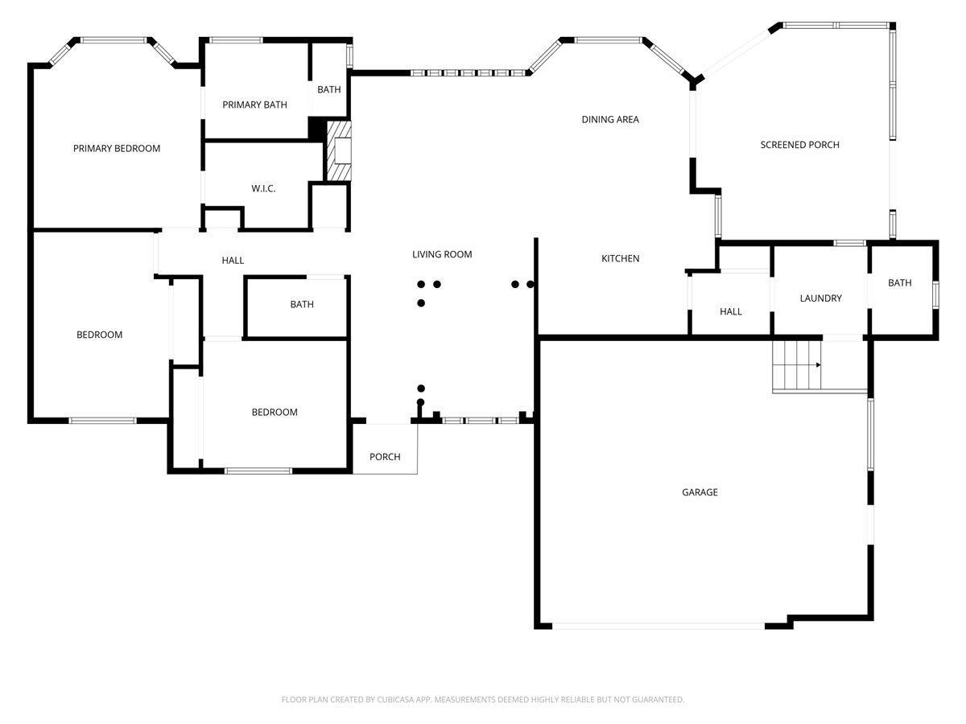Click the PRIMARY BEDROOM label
[117, 149]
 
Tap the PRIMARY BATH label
[255, 105]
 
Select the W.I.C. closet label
[263, 188]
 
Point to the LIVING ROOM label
[442, 254]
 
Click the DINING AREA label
[610, 120]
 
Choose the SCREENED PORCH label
[799, 145]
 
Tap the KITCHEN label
[620, 258]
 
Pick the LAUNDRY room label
[820, 298]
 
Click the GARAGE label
[700, 492]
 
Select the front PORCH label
[385, 457]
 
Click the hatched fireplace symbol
[338, 150]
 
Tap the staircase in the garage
[797, 365]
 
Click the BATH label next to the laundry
[899, 283]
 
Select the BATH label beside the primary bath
[328, 89]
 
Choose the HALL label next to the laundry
[731, 311]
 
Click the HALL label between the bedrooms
[233, 261]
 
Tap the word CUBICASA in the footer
[394, 699]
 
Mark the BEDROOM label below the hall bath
[275, 413]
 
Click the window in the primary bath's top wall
[236, 40]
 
